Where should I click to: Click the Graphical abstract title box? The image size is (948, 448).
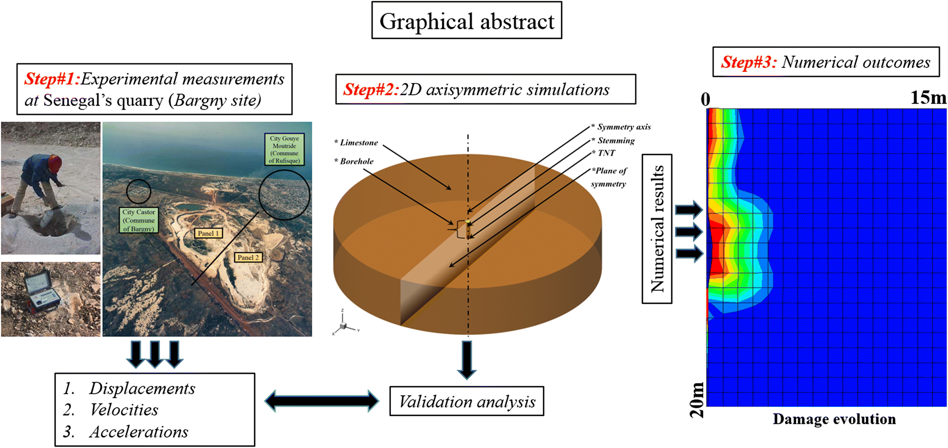pyautogui.click(x=467, y=21)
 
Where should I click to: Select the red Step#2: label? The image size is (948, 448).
pyautogui.click(x=371, y=89)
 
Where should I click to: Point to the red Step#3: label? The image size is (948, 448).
pyautogui.click(x=749, y=62)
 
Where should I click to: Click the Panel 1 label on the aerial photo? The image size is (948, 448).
pyautogui.click(x=208, y=233)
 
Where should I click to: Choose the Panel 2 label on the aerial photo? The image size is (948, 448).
pyautogui.click(x=248, y=257)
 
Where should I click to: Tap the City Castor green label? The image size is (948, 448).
pyautogui.click(x=139, y=220)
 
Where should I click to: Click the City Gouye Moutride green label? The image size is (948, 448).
pyautogui.click(x=284, y=149)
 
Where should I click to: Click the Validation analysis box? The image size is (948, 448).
pyautogui.click(x=467, y=401)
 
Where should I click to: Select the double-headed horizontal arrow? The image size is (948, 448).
pyautogui.click(x=322, y=401)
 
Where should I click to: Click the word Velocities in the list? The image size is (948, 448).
pyautogui.click(x=124, y=410)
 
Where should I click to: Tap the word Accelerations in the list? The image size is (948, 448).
pyautogui.click(x=139, y=432)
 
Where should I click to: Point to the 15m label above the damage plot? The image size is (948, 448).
pyautogui.click(x=928, y=98)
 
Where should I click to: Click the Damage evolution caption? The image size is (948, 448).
pyautogui.click(x=834, y=419)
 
